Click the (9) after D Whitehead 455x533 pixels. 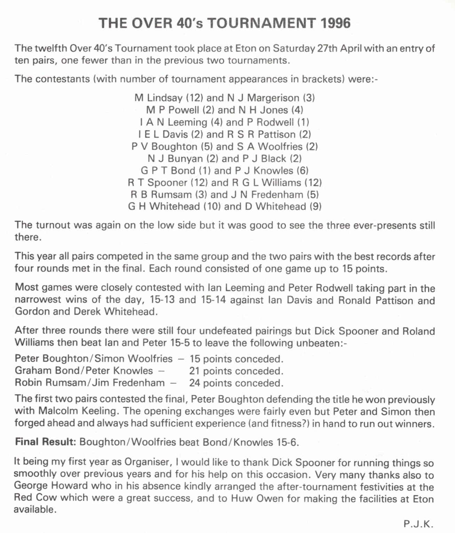pos(316,206)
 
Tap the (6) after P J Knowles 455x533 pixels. pos(302,170)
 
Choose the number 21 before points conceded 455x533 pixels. pos(195,371)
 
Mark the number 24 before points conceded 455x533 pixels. pos(195,383)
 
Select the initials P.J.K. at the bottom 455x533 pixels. pos(418,524)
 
